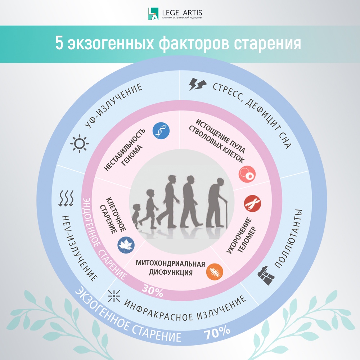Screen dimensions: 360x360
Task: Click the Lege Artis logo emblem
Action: [153, 14]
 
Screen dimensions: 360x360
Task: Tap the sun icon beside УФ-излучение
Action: [80, 144]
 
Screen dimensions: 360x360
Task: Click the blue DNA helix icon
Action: [161, 131]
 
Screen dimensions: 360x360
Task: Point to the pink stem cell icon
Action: [247, 174]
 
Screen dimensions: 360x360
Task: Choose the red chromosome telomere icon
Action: [252, 203]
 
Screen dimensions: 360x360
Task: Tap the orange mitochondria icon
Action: [215, 272]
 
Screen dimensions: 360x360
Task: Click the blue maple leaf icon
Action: [126, 245]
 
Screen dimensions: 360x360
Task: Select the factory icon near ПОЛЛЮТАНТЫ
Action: [266, 275]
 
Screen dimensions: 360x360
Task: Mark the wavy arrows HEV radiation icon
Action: [66, 198]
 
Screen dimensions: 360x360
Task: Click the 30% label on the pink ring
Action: [152, 291]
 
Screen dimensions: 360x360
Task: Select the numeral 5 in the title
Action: [59, 43]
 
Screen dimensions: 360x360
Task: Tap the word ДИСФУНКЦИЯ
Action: [171, 273]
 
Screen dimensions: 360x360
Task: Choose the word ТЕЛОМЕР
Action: [247, 240]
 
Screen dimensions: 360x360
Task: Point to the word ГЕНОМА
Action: [132, 156]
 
